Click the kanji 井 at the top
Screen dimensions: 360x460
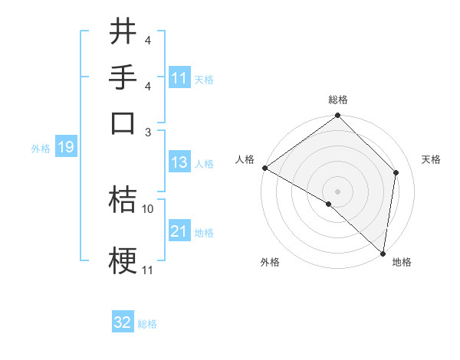point(123,33)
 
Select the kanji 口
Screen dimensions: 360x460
point(123,123)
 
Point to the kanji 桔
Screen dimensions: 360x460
point(123,201)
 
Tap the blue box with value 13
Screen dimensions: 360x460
point(179,163)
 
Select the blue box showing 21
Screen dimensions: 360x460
point(179,232)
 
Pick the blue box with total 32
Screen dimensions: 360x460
point(123,323)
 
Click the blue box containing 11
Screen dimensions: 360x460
point(179,78)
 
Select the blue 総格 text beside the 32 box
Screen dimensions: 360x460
point(147,324)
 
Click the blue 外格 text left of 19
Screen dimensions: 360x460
point(41,149)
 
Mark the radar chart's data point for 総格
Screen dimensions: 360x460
point(337,116)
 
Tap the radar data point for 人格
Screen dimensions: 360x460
point(264,168)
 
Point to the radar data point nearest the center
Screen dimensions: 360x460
point(328,205)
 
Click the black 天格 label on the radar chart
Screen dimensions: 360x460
point(431,159)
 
